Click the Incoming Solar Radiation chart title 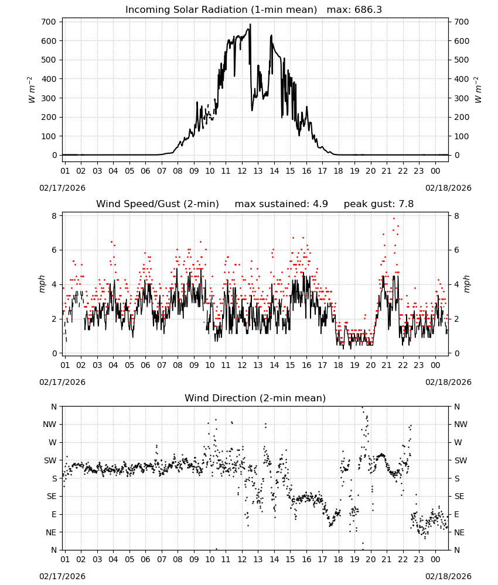tap(221, 10)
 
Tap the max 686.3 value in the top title tap(354, 10)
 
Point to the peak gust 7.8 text tap(378, 204)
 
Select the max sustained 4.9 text tap(281, 204)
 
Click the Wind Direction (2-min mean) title tap(255, 398)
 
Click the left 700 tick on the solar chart tap(49, 22)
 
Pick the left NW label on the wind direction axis tap(50, 425)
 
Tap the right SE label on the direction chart tap(459, 497)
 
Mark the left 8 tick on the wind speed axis tap(54, 216)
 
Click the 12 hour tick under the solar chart tap(242, 171)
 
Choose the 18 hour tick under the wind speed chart tap(338, 365)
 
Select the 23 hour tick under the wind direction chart tap(419, 560)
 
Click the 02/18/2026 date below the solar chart tap(448, 188)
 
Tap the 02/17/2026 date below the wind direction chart tap(62, 576)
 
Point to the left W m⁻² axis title tap(32, 90)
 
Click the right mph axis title tap(467, 284)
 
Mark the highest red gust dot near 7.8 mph tap(394, 219)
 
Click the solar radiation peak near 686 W tap(250, 25)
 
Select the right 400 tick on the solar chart tap(462, 79)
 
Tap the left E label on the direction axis tap(54, 514)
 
